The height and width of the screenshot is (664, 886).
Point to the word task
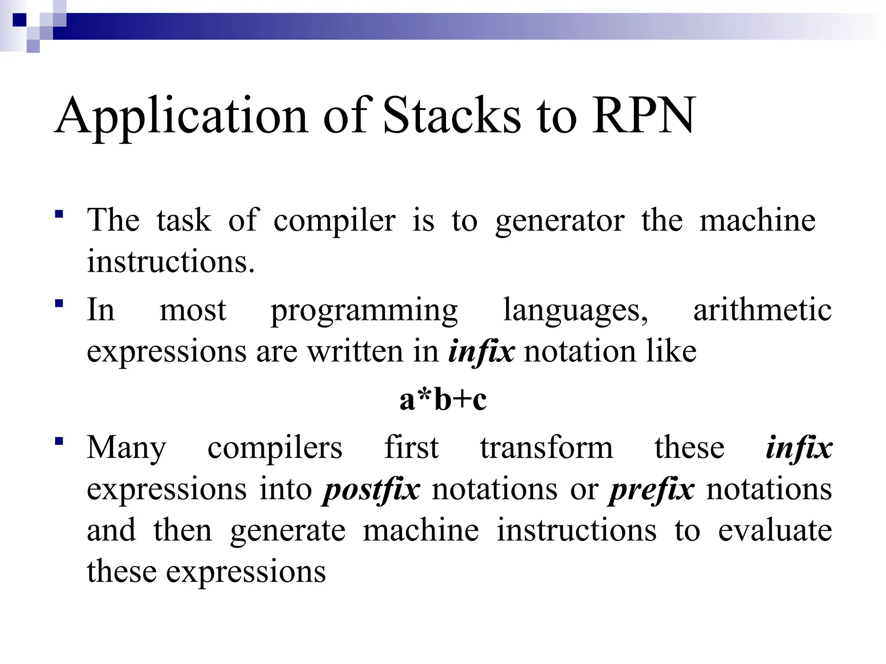pyautogui.click(x=184, y=220)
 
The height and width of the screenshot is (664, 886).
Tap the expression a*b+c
pyautogui.click(x=443, y=399)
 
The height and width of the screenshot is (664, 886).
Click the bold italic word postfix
pyautogui.click(x=371, y=490)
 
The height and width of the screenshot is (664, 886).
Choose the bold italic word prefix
pyautogui.click(x=652, y=490)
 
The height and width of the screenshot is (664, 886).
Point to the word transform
pyautogui.click(x=546, y=448)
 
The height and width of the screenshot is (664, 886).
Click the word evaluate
pyautogui.click(x=775, y=531)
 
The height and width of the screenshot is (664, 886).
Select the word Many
pyautogui.click(x=126, y=449)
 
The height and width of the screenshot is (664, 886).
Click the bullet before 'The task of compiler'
pyautogui.click(x=59, y=214)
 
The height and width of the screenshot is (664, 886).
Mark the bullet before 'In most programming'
pyautogui.click(x=59, y=303)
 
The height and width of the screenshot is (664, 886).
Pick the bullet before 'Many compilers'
pyautogui.click(x=59, y=441)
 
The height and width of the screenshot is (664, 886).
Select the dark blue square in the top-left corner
pyautogui.click(x=19, y=20)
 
